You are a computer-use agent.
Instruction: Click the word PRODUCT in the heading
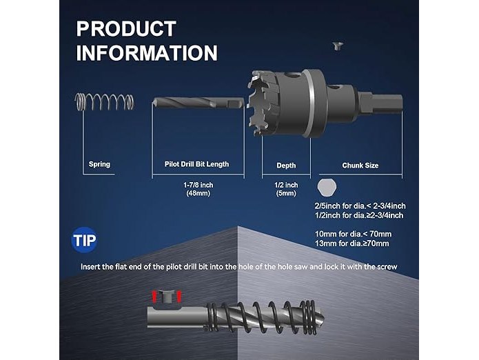click(126, 29)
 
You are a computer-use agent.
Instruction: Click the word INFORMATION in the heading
click(147, 53)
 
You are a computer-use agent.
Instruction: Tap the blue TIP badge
click(84, 240)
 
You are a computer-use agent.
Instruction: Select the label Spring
click(99, 164)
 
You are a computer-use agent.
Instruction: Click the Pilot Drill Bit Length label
click(196, 164)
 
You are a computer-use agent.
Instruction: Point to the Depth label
click(286, 166)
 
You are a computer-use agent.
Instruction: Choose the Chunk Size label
click(360, 166)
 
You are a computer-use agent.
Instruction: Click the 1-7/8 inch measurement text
click(198, 185)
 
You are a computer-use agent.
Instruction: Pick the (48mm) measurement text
click(198, 193)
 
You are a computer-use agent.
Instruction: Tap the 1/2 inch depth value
click(286, 185)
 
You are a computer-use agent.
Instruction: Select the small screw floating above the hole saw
click(338, 46)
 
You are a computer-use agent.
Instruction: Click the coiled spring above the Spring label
click(104, 101)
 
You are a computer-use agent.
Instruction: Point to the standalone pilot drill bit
click(198, 103)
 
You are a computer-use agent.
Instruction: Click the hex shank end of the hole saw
click(384, 103)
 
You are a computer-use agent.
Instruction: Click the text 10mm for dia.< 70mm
click(353, 234)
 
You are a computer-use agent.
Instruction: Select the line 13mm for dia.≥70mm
click(352, 243)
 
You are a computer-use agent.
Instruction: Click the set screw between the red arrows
click(167, 297)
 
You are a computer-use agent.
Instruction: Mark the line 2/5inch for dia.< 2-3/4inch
click(360, 206)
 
